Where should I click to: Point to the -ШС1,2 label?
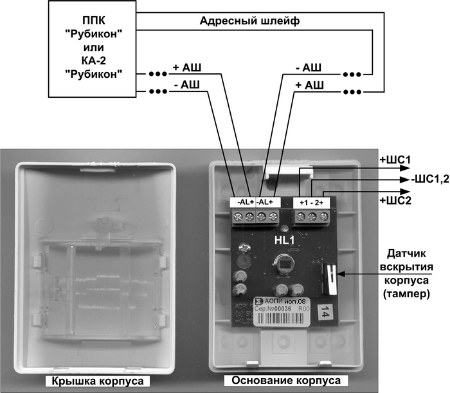tap(425, 179)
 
